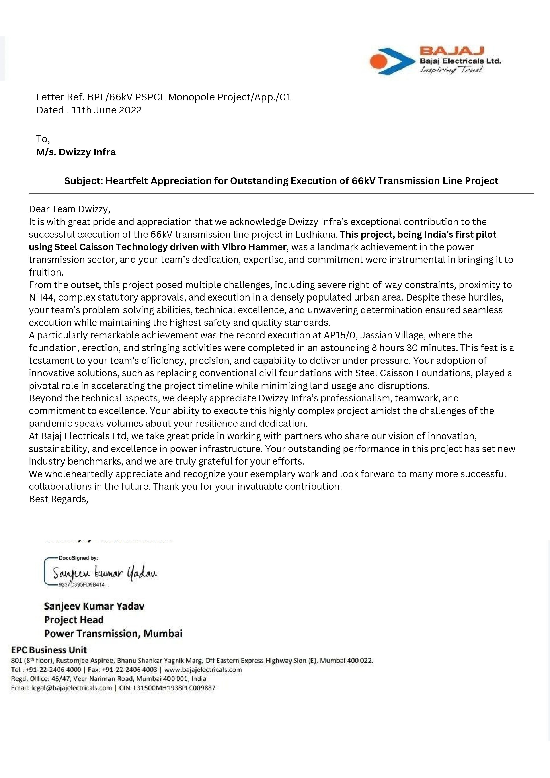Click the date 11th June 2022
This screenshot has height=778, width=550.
(106, 110)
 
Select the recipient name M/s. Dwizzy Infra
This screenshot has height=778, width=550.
(76, 152)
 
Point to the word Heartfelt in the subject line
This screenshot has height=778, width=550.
(127, 181)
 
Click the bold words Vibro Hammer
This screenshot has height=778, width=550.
(254, 247)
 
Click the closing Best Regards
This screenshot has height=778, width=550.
(58, 499)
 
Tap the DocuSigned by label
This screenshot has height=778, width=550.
(78, 558)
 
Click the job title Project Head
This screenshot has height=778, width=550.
(74, 620)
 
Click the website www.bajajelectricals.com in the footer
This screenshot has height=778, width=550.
(203, 670)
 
